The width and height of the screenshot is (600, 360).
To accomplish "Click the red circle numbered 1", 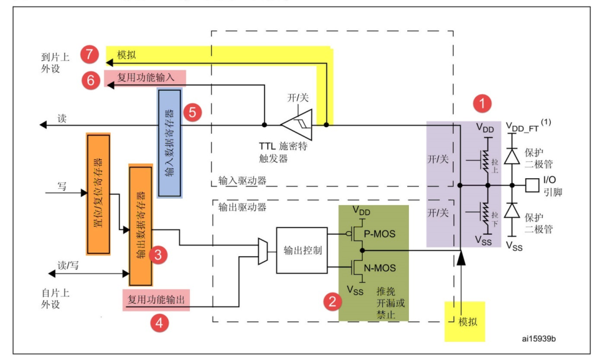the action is [x=482, y=103].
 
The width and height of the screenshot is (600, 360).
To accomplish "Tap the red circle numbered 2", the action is [x=333, y=301].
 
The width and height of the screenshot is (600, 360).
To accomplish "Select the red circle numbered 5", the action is [x=192, y=113].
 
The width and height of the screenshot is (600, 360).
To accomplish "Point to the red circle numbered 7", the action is [x=90, y=54].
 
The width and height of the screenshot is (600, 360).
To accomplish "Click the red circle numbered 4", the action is [x=159, y=323].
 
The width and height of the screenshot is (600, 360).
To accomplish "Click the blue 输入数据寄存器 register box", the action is [x=169, y=143].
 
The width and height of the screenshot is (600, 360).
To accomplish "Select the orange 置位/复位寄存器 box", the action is [x=98, y=194].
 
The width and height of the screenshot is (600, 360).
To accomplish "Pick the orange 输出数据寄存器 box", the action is [x=141, y=226].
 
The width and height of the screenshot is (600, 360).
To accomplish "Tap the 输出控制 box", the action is [x=302, y=250].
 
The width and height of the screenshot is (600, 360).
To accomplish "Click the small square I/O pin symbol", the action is [x=532, y=185].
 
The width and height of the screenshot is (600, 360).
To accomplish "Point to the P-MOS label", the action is [x=379, y=233].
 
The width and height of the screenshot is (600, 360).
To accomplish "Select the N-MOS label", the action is [x=380, y=268].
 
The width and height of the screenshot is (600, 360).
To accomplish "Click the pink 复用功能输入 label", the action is [x=145, y=78].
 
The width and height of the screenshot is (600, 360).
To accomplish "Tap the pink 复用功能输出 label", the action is [x=156, y=300].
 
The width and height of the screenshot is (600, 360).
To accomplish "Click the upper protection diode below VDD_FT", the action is [x=512, y=157].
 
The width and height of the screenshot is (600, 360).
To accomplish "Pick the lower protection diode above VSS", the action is [x=512, y=210].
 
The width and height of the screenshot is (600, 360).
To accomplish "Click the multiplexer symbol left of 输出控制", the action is [x=263, y=252].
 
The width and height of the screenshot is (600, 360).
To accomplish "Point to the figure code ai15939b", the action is [x=539, y=339].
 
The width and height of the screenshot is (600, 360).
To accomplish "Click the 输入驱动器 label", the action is [x=242, y=181].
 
